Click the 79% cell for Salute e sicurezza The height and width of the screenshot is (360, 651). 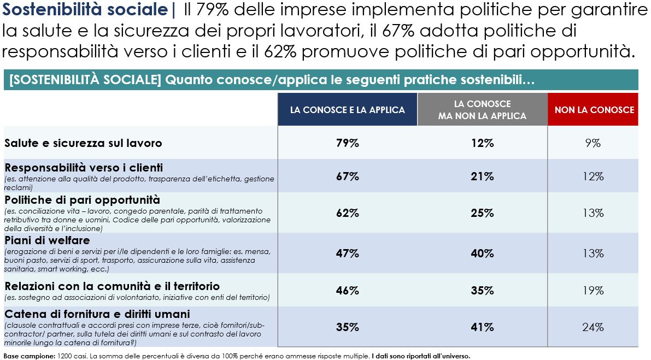[x=347, y=143]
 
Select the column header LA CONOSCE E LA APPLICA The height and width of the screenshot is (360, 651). [x=347, y=110]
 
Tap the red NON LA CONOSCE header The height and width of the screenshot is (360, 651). [x=594, y=110]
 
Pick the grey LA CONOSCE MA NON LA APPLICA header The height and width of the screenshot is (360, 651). [x=482, y=110]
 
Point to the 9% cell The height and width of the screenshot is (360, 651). [x=593, y=143]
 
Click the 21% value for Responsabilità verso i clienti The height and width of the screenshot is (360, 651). [x=483, y=176]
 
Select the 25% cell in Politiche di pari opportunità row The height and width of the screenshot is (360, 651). [x=483, y=213]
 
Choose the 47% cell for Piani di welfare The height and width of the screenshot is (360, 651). [x=347, y=253]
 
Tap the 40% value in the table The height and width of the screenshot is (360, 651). [x=483, y=253]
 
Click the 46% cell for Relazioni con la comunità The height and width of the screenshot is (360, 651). [x=347, y=290]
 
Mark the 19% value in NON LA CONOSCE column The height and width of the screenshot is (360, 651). [x=593, y=290]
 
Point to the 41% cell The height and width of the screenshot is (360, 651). [x=483, y=327]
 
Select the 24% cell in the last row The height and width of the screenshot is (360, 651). [x=593, y=327]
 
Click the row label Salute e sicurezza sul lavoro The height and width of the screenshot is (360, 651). [x=83, y=143]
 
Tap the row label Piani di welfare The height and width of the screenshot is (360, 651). [x=47, y=240]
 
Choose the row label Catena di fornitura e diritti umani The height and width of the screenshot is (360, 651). [x=97, y=314]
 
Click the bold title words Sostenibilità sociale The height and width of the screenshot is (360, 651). [x=85, y=9]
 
